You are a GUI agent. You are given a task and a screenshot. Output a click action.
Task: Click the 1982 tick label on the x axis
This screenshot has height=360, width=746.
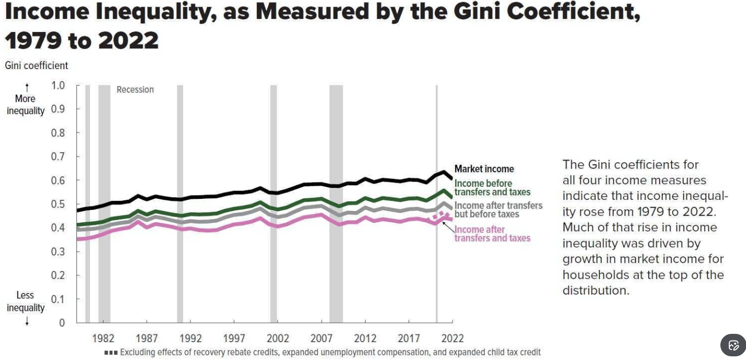pos(103,338)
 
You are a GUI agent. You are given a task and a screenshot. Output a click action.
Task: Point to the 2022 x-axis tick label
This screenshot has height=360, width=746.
pos(453,338)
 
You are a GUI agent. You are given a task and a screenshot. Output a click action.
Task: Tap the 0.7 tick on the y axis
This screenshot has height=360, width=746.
pos(58,156)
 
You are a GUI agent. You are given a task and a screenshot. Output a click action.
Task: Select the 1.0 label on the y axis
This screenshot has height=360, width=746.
pos(58,85)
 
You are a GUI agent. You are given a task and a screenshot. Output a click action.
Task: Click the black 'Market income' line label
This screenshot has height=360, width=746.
pos(484,169)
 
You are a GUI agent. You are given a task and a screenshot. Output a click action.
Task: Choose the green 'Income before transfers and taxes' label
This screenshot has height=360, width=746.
pos(492,188)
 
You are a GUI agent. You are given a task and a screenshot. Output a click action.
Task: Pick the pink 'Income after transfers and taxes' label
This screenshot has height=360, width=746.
pos(492,234)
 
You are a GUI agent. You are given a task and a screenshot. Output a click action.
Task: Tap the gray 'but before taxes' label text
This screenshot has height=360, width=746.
pos(487,214)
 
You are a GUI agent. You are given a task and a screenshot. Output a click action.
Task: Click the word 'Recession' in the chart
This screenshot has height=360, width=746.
pos(135,89)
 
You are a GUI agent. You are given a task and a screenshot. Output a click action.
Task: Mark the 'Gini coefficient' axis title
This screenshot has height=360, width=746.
pos(37,65)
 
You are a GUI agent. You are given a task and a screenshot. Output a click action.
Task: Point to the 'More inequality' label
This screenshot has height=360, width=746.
pos(25,105)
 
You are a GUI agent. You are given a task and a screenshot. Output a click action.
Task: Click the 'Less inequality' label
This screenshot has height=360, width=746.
pos(25,301)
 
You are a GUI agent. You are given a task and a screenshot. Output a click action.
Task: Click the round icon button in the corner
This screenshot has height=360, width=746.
pos(733,345)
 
